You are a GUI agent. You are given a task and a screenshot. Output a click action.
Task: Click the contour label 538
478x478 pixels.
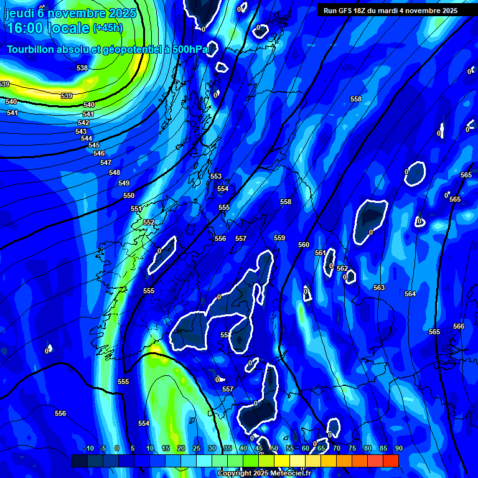[82, 68]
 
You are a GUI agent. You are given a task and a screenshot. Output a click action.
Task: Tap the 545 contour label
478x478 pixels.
[94, 145]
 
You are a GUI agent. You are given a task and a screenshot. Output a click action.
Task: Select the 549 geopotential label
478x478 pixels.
[124, 183]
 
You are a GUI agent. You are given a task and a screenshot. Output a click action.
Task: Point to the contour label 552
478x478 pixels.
[149, 222]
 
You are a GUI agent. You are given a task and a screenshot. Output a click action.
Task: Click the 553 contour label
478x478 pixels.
[216, 177]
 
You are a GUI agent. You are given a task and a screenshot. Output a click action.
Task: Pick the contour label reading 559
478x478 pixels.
[279, 238]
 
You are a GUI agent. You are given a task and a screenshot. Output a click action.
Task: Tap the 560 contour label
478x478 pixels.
[304, 245]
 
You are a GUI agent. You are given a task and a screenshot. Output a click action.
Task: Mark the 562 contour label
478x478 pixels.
[342, 268]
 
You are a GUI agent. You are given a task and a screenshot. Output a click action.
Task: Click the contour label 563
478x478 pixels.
[379, 288]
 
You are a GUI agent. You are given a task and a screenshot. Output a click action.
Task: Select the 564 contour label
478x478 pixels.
[410, 294]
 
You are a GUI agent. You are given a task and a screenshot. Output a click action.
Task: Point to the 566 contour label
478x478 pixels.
[459, 326]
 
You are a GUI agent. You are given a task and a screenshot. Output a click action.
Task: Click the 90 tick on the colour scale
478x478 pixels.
[398, 448]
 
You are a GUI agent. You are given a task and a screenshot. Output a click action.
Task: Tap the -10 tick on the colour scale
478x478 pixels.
[88, 448]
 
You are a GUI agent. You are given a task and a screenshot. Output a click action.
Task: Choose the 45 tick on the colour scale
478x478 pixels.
[258, 448]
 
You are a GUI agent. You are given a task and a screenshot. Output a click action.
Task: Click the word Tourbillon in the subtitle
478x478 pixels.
[30, 49]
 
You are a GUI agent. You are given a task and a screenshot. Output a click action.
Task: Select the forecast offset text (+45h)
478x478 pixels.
[108, 27]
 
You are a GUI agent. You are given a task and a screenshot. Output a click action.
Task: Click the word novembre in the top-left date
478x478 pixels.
[75, 12]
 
